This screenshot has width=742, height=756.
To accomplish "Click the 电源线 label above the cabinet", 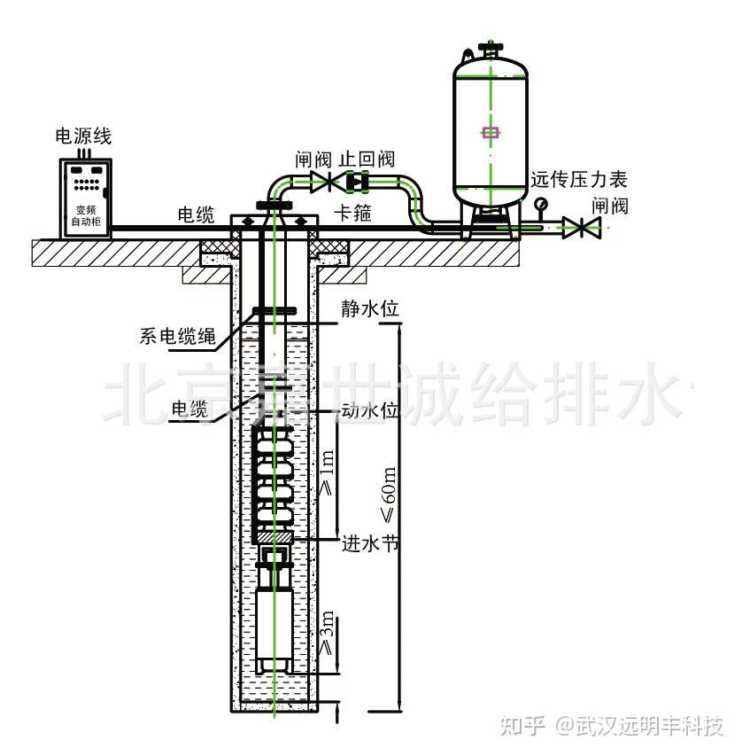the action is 83,136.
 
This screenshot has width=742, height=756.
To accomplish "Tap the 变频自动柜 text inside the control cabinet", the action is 86,215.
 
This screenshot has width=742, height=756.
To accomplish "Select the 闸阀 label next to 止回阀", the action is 313,160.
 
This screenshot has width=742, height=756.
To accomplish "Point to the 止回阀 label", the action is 367,160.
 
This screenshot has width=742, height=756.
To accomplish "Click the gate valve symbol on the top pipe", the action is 329,183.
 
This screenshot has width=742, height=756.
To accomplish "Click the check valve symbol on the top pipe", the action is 358,182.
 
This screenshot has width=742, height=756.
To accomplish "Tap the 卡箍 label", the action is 353,213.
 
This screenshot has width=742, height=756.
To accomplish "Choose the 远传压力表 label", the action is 579,180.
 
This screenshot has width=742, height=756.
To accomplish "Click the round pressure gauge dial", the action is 541,204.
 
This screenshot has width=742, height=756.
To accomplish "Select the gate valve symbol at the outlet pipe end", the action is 582,228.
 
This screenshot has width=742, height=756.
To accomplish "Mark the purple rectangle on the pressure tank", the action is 491,132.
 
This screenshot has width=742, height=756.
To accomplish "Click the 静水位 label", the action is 370,309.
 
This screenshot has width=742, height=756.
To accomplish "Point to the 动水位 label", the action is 370,410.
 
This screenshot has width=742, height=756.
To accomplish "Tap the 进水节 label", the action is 370,544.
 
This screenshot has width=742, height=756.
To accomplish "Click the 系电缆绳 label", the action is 178,336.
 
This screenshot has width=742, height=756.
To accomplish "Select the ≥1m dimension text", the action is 327,472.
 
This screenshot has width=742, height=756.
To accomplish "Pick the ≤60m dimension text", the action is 389,495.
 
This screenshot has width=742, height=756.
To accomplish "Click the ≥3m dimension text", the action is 327,633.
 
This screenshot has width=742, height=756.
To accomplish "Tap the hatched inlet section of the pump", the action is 274,536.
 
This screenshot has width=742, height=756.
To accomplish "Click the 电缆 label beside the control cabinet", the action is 196,215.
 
